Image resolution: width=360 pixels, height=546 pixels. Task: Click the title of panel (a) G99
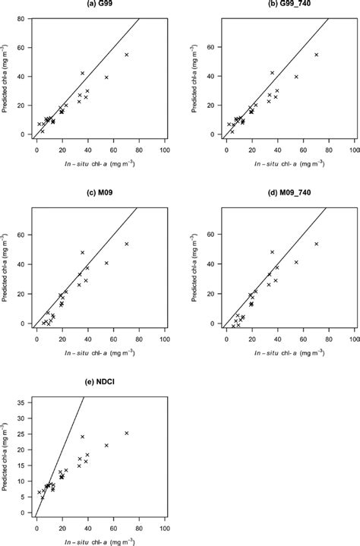coord(89,5)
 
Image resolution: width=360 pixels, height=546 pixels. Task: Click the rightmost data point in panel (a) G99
coord(127,55)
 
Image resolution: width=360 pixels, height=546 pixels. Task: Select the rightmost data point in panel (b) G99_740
coord(317,55)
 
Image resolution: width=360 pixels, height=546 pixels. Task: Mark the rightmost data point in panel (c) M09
coord(127,244)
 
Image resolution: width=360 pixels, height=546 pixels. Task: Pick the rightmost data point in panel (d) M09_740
coord(317,244)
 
